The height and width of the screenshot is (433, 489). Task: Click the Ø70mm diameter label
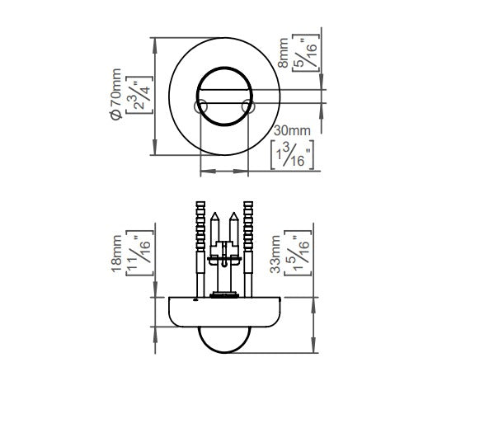click(116, 94)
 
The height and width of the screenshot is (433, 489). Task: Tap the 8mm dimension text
click(283, 53)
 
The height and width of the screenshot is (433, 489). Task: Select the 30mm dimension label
click(292, 130)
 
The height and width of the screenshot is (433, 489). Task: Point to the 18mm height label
click(116, 254)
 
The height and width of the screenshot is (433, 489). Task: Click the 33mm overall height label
click(275, 254)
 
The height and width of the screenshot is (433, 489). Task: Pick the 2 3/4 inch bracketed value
click(139, 95)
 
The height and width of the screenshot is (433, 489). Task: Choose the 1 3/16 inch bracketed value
click(292, 155)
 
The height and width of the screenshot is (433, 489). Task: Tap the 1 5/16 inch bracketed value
click(298, 253)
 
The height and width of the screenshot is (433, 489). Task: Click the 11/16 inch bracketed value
click(139, 253)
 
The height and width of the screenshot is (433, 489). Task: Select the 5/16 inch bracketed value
click(306, 53)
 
